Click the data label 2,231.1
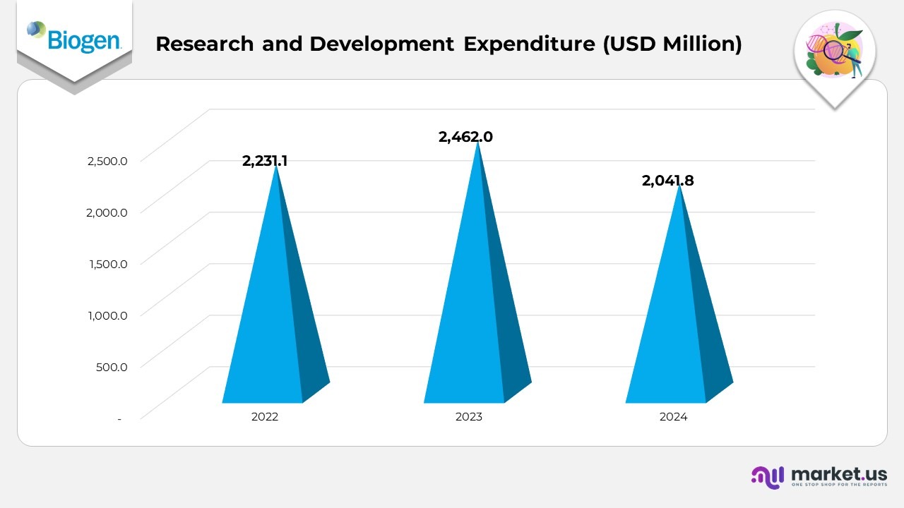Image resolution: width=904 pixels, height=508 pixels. [265, 161]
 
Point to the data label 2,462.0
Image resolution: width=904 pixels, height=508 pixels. [465, 137]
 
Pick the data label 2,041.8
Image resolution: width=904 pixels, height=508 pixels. [667, 181]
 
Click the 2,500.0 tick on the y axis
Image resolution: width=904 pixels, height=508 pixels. [107, 161]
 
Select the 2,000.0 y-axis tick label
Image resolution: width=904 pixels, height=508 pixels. [107, 212]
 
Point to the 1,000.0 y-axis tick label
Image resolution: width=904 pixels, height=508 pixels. [107, 315]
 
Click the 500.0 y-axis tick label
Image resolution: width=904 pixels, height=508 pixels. [112, 367]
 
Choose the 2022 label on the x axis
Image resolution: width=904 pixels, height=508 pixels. [265, 417]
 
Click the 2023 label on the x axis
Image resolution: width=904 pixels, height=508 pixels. [468, 417]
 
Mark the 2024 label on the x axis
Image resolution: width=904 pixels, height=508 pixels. [673, 417]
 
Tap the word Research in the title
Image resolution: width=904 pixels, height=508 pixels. [204, 44]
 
